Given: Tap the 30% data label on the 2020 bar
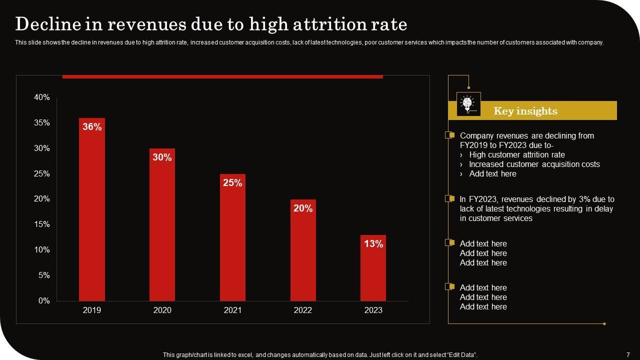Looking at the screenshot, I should [162, 157].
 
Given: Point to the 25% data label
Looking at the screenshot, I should [232, 183].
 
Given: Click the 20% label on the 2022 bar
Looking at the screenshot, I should [303, 208].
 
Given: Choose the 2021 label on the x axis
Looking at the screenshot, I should [232, 310].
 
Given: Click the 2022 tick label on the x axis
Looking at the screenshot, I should [303, 310].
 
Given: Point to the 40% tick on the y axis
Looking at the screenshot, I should [42, 97].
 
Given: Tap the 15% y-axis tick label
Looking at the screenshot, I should [42, 224].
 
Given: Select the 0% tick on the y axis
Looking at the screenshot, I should [44, 301].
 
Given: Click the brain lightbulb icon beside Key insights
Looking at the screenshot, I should [468, 104].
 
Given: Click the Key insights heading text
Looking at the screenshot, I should [525, 111].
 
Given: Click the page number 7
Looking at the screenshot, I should [628, 355].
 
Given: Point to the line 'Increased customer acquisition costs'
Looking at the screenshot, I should [534, 164].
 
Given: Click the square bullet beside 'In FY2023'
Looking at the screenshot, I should [450, 198].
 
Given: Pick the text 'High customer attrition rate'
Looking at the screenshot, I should [517, 155].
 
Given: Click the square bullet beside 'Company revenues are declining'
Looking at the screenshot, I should [450, 135].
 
